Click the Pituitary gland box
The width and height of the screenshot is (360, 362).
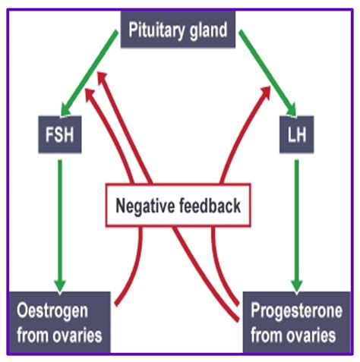coord(178,30)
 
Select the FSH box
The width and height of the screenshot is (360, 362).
coord(60,134)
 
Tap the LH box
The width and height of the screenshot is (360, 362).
coord(296,134)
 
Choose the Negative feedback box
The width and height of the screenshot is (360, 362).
coord(178,205)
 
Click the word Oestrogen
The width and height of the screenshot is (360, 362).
coord(52,311)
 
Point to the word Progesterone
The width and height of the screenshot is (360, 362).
coord(296,311)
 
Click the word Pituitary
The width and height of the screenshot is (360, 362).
coord(156,30)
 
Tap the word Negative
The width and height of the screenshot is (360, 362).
coord(145,206)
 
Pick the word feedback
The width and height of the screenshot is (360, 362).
coord(210,205)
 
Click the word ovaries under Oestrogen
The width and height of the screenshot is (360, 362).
coord(77,335)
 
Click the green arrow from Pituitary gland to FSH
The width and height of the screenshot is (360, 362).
coord(89,74)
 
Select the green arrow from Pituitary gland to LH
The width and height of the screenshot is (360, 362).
coord(267,74)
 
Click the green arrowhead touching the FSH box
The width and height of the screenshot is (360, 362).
coord(65,110)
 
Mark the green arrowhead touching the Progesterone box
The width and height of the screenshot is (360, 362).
coord(297,287)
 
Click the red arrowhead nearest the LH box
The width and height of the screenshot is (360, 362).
coord(267,92)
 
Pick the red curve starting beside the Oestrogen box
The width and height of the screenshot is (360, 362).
coord(134,268)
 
